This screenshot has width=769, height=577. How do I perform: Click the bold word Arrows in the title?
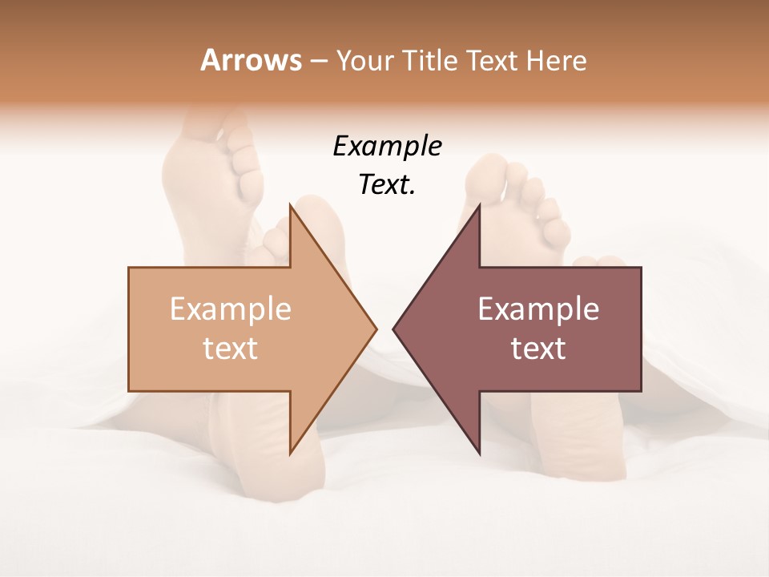pos(251,60)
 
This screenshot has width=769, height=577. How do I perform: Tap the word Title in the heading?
pos(429,61)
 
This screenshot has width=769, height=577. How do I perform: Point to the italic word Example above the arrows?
pos(387,146)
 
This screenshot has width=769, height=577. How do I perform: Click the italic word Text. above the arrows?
pos(387,184)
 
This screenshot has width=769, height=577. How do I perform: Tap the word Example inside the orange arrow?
pos(231,309)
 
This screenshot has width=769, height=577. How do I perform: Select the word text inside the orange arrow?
pos(231,348)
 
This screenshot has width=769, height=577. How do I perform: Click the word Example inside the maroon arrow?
pos(538,309)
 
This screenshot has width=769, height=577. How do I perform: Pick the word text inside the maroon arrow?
pos(538,348)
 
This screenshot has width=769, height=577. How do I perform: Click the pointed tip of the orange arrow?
pos(376,329)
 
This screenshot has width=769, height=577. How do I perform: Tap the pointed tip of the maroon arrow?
pos(393,329)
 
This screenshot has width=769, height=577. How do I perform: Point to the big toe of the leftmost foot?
pos(210,128)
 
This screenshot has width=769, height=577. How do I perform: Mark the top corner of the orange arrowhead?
pos(290,204)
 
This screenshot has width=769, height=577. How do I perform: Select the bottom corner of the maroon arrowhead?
pos(479,454)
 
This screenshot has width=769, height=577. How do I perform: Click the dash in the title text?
pos(318,61)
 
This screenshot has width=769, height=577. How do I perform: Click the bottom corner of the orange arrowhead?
pos(290,454)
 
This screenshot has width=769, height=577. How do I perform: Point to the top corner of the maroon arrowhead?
pos(479,204)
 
